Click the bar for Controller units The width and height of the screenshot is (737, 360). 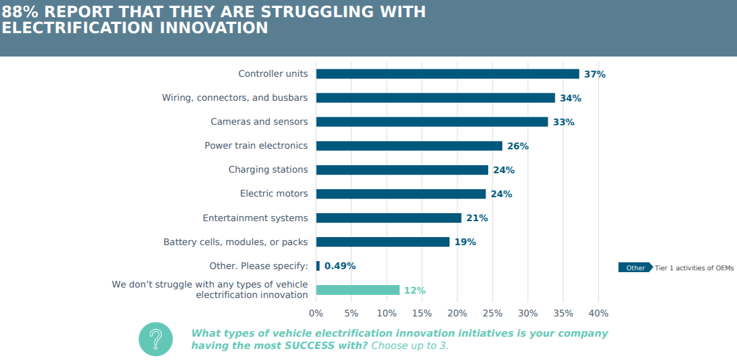447,74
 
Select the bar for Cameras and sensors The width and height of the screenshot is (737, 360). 432,122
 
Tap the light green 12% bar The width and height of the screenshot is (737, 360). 358,290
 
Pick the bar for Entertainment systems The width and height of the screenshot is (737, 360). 388,218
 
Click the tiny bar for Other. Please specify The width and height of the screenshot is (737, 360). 318,266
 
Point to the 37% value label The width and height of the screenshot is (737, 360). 594,74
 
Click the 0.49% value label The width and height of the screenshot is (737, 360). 340,266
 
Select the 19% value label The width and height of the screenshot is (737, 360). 465,242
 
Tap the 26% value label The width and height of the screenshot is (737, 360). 518,146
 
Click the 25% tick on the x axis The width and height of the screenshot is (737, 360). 493,313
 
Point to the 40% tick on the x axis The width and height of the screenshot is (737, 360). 599,313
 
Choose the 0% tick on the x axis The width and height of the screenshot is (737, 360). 316,313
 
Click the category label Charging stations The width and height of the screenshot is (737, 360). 268,170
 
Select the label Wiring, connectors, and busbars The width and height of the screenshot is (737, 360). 235,98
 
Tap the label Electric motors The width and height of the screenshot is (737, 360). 274,194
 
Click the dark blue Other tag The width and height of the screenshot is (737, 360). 635,268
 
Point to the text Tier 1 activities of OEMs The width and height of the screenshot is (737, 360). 694,268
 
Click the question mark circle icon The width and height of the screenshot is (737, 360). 156,338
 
